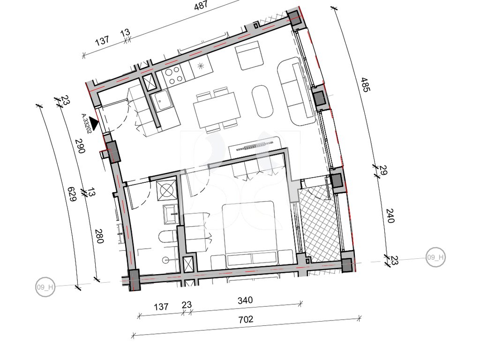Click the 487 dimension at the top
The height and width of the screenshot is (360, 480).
[x=201, y=5]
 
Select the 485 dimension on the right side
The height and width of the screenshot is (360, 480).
[x=365, y=84]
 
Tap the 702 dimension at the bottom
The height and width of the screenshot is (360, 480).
[x=246, y=320]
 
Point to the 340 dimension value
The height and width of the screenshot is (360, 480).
[x=245, y=300]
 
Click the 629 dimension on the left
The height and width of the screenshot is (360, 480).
[x=72, y=194]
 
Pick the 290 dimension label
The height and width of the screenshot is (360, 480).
[x=81, y=146]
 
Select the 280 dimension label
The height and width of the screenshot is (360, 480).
[x=99, y=236]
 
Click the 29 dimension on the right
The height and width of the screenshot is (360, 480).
[x=383, y=171]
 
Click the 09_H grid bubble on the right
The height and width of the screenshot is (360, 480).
[x=435, y=257]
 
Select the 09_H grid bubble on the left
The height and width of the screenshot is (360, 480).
[x=45, y=287]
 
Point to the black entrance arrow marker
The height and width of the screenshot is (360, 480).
[x=94, y=124]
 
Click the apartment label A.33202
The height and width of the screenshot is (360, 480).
[x=86, y=124]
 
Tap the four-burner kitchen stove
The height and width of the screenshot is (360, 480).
[x=173, y=75]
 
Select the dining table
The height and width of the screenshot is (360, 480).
[x=216, y=110]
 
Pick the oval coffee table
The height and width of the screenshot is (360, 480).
[x=262, y=101]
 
